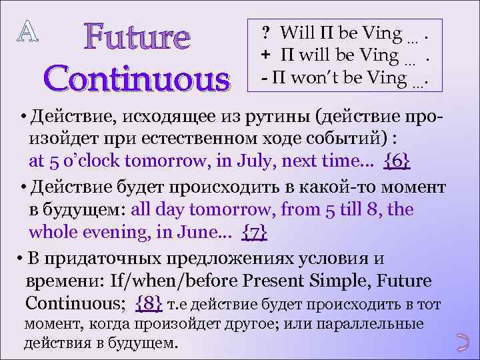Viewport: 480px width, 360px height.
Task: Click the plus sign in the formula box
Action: click(265, 56)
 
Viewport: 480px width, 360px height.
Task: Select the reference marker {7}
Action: click(256, 231)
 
